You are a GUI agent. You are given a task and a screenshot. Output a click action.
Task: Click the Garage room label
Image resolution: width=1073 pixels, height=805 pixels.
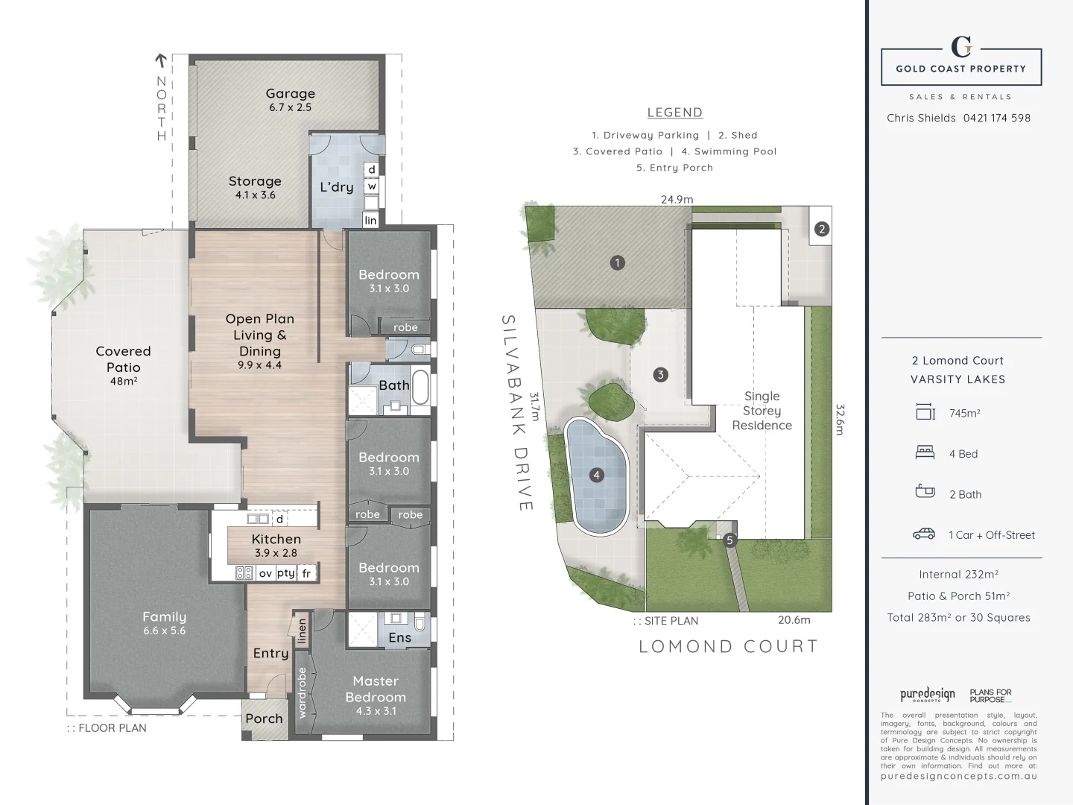[x=290, y=94]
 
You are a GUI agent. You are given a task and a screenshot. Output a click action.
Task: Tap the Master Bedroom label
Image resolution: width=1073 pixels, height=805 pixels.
[x=376, y=689]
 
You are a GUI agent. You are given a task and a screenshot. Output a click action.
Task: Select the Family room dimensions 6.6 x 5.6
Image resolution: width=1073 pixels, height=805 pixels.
[x=164, y=631]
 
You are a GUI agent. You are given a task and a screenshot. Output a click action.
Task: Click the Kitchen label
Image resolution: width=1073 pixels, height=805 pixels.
[x=276, y=539]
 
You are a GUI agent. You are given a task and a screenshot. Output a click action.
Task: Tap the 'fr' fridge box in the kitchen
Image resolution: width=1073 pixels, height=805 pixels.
[x=306, y=573]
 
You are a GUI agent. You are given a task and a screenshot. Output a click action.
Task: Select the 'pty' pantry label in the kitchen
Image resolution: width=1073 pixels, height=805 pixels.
[x=285, y=573]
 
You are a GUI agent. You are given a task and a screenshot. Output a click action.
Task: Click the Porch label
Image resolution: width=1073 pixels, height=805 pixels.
[x=264, y=719]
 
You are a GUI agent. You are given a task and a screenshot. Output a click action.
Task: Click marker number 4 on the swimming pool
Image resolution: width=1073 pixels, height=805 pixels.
[x=596, y=475]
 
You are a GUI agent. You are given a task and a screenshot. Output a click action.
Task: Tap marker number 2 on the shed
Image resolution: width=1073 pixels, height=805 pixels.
[x=821, y=229]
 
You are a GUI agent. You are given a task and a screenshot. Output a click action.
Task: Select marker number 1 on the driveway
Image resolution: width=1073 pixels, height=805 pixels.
[x=617, y=262]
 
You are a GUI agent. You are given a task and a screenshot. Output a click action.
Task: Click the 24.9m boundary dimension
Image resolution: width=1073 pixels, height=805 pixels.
[x=677, y=199]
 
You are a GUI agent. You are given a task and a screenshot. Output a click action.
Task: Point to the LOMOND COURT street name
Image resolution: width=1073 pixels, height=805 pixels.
[x=728, y=646]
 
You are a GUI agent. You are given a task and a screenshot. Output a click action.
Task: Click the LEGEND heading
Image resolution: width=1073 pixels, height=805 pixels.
[x=674, y=113]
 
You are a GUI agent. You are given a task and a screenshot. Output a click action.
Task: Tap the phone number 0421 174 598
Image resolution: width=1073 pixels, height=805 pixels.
[x=996, y=118]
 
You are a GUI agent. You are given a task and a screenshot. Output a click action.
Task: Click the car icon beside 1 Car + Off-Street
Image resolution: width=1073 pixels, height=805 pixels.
[x=924, y=534]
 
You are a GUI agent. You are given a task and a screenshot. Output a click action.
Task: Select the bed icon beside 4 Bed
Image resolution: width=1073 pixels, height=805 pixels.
[x=924, y=452]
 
